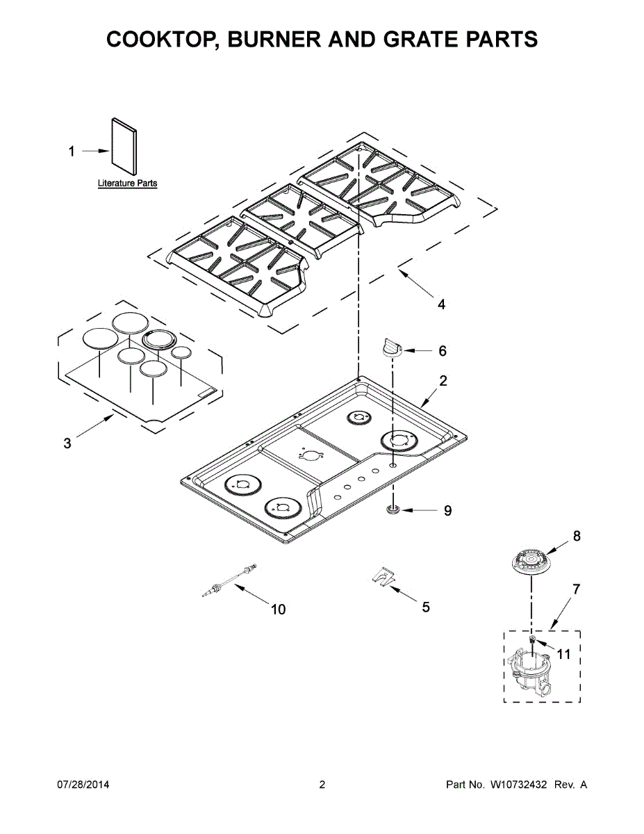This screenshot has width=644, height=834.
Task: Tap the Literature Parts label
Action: click(x=127, y=183)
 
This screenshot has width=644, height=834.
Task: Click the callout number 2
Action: click(x=443, y=380)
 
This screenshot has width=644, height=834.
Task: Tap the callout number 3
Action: click(x=67, y=443)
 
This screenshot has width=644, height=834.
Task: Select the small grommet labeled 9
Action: click(x=393, y=511)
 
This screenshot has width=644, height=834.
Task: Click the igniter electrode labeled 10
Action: click(x=228, y=580)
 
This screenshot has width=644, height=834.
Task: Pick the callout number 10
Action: click(x=278, y=610)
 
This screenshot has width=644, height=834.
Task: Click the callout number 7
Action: click(x=575, y=589)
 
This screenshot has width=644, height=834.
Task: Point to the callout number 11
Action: click(x=563, y=654)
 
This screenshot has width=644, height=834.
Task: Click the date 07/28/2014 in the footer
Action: click(x=83, y=785)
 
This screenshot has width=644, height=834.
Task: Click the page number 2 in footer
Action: click(x=322, y=785)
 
